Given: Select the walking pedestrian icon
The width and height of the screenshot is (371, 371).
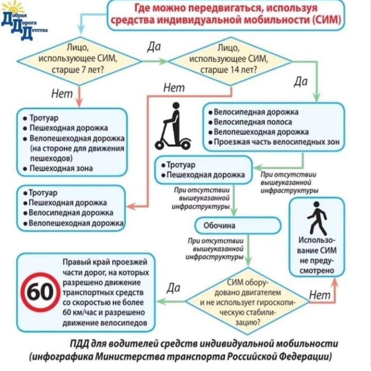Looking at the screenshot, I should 317,218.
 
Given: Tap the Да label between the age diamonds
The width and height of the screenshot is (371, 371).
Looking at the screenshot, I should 154,47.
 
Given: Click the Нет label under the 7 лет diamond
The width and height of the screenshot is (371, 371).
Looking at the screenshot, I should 62,94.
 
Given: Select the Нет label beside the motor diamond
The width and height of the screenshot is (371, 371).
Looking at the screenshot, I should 320,295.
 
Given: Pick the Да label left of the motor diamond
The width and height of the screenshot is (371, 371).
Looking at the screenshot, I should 173,287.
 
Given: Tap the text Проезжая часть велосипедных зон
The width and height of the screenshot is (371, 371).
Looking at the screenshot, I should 277,142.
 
